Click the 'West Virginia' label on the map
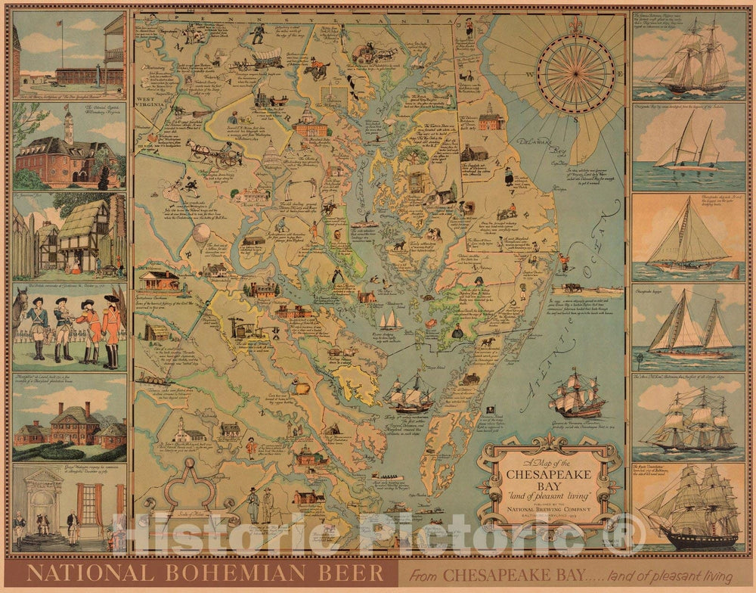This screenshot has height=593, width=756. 150,105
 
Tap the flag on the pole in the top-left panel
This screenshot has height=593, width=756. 60,23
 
